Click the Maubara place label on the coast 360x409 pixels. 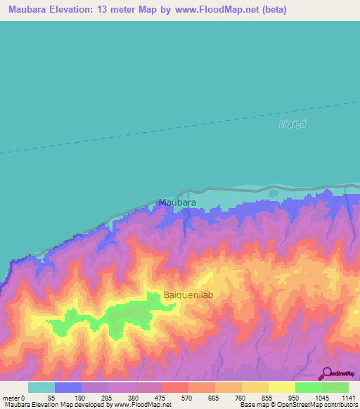(176, 202)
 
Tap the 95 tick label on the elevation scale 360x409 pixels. (51, 397)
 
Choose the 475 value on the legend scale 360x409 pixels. (160, 397)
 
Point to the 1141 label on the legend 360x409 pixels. (348, 397)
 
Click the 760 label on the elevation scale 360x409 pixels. (240, 397)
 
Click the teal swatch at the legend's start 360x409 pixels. (41, 387)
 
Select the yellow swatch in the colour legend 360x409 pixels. (281, 387)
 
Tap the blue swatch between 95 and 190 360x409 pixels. (67, 387)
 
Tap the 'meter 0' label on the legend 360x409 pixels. (12, 397)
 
